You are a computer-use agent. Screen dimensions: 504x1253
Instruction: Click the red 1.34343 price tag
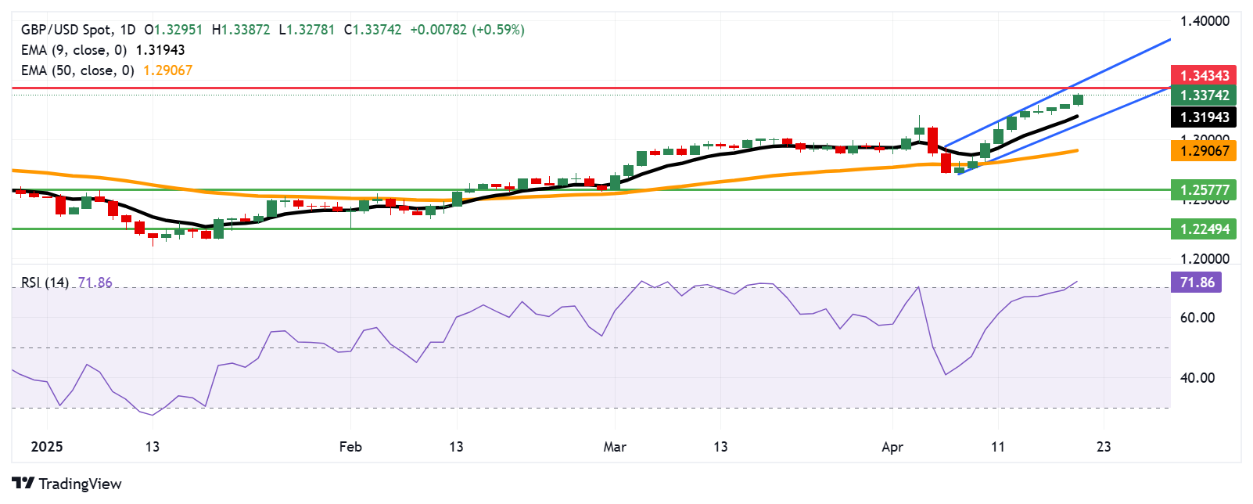tap(1204, 75)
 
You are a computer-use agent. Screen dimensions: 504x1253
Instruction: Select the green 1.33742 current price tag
tap(1204, 95)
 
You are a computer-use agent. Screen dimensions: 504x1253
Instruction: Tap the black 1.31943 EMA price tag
tap(1204, 117)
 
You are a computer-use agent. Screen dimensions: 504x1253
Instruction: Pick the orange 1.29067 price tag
tap(1204, 150)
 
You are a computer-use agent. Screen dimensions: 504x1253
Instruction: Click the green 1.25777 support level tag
tap(1204, 189)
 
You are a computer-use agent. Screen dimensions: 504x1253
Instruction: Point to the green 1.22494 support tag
tap(1204, 229)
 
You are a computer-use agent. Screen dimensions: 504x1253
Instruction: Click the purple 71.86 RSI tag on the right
tap(1196, 283)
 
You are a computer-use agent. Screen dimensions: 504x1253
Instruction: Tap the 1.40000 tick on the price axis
tap(1205, 21)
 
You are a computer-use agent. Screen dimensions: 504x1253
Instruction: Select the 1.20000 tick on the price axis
tap(1205, 259)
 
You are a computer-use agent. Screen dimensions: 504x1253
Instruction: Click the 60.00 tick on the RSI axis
tap(1197, 318)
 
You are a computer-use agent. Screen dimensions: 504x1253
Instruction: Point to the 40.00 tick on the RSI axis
tap(1197, 378)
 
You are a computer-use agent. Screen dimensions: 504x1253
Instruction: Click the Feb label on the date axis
tap(350, 447)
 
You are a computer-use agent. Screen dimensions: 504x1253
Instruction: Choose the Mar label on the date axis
tap(615, 447)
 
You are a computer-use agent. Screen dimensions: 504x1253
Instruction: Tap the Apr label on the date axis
tap(892, 447)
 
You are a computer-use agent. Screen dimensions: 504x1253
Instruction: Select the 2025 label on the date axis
tap(46, 447)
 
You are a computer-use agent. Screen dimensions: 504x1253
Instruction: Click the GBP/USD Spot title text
tap(66, 30)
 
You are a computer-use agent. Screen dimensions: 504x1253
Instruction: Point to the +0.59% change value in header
tap(498, 30)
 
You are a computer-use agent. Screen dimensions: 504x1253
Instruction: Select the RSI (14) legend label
tap(45, 283)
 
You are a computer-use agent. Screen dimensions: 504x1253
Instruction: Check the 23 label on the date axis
tap(1104, 447)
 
